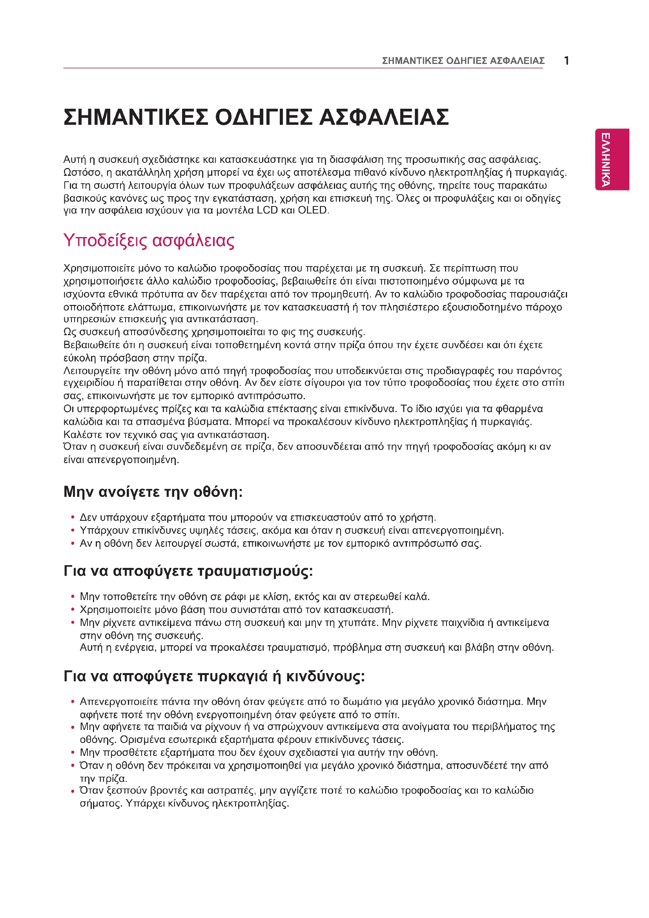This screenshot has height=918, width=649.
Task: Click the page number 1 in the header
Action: pyautogui.click(x=566, y=61)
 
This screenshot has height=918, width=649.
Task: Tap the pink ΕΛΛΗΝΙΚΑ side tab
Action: pyautogui.click(x=612, y=159)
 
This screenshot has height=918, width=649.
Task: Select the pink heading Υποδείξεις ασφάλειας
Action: pyautogui.click(x=149, y=241)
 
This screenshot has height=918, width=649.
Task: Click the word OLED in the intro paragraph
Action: pyautogui.click(x=313, y=210)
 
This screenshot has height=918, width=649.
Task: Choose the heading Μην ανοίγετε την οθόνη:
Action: pyautogui.click(x=153, y=492)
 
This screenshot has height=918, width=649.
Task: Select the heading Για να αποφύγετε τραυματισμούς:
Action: pyautogui.click(x=188, y=571)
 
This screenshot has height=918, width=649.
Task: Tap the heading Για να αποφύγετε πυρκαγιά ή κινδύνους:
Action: pyautogui.click(x=214, y=676)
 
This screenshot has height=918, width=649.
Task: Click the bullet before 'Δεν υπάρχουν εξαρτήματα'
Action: pyautogui.click(x=73, y=518)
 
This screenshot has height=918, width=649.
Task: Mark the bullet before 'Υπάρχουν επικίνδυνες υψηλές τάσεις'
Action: pyautogui.click(x=73, y=531)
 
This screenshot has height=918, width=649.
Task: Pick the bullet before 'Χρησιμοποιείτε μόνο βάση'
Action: pyautogui.click(x=73, y=610)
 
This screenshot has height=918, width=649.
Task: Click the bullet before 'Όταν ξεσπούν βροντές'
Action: pyautogui.click(x=73, y=791)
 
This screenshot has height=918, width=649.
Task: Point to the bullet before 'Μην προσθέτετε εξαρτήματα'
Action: pyautogui.click(x=73, y=753)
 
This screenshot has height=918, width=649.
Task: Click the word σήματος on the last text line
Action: pyautogui.click(x=100, y=804)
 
